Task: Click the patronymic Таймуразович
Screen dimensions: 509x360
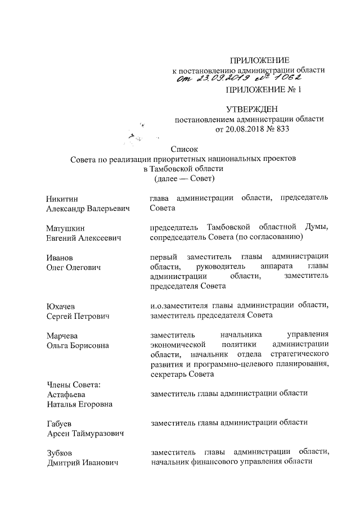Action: (x=102, y=433)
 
